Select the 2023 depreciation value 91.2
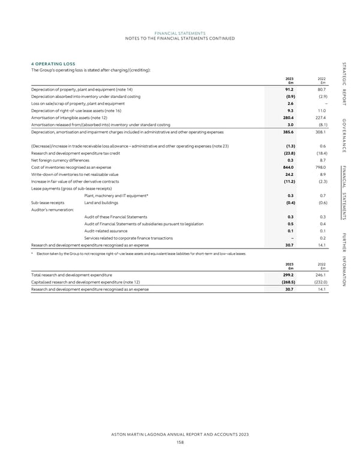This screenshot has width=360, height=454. pyautogui.click(x=290, y=89)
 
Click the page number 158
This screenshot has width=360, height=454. pyautogui.click(x=180, y=441)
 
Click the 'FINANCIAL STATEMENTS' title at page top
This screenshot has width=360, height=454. pyautogui.click(x=180, y=33)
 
